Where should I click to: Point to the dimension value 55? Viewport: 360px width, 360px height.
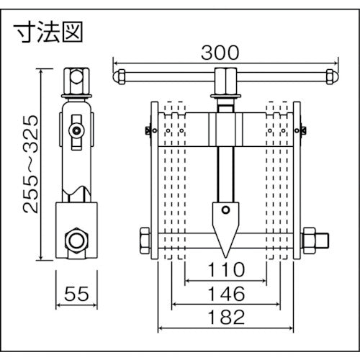(x=76, y=294)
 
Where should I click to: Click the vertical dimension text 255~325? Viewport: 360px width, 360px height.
(x=30, y=163)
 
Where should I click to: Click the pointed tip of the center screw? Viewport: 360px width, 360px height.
(x=224, y=253)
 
